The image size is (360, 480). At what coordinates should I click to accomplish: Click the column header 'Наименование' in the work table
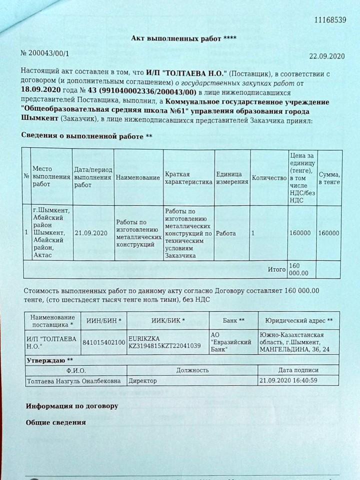[x=136, y=177]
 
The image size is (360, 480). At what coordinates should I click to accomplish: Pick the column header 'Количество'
[x=268, y=177]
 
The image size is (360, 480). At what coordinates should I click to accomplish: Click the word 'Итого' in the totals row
[x=276, y=269]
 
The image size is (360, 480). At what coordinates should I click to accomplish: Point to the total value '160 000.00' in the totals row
[x=299, y=269]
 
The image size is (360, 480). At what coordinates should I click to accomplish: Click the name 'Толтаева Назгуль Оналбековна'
[x=75, y=380]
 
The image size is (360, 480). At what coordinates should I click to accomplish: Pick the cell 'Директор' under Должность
[x=142, y=380]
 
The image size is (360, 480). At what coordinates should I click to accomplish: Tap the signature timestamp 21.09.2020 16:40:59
[x=289, y=380]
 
